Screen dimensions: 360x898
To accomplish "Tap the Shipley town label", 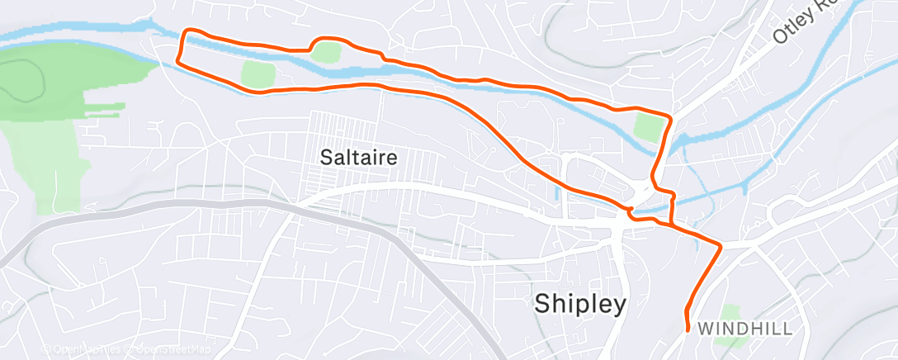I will (x=580, y=304).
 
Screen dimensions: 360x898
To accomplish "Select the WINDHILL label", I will (x=745, y=329).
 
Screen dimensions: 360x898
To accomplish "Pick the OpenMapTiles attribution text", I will (x=83, y=350).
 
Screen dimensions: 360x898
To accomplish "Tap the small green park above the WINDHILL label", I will (x=729, y=313).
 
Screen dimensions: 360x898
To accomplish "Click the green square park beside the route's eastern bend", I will (x=649, y=128).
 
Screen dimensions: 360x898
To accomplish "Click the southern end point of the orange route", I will (x=688, y=330).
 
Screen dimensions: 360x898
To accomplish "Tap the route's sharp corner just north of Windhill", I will (x=721, y=246).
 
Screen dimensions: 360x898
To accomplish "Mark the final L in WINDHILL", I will (x=788, y=329).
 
